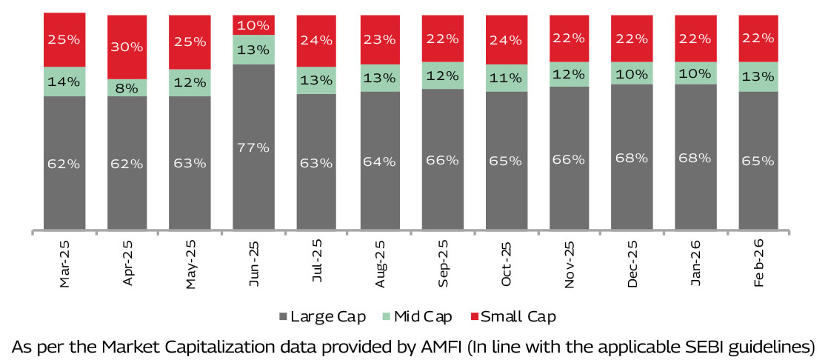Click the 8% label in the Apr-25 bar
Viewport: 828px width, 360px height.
point(127,88)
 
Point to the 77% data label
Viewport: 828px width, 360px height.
point(253,147)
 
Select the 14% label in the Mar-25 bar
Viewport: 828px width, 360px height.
point(64,81)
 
